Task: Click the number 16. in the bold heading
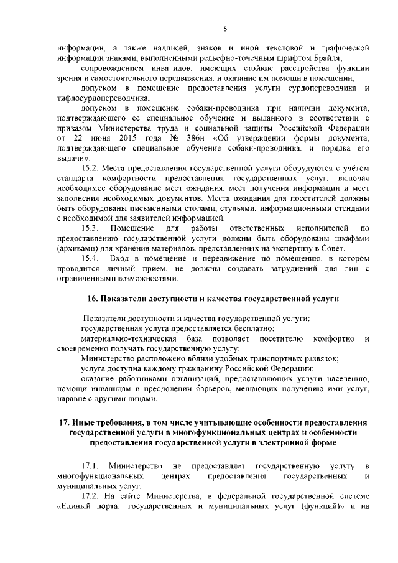92,298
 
